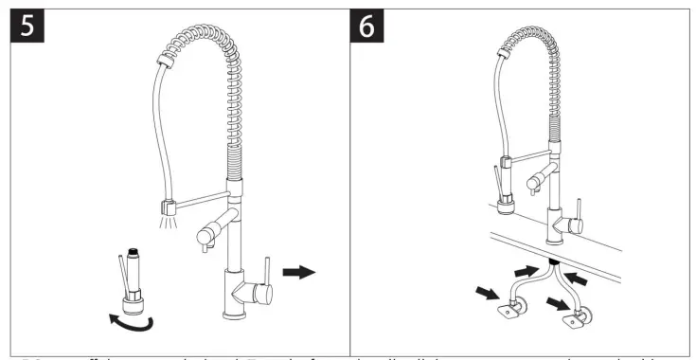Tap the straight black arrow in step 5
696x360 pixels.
coord(299,273)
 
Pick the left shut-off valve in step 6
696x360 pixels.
coord(517,308)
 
